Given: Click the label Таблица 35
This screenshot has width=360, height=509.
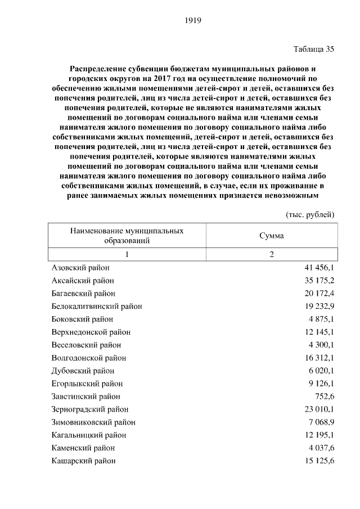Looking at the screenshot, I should (x=314, y=49).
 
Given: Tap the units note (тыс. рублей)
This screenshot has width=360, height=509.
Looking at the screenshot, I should (x=310, y=214).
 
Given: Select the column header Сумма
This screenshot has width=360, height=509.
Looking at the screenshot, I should (x=271, y=236).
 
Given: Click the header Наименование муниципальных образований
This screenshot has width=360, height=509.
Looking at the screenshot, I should (x=127, y=236).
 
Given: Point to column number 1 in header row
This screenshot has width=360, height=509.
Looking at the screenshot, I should (x=127, y=254).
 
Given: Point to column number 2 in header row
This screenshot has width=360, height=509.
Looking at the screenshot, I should (x=271, y=254).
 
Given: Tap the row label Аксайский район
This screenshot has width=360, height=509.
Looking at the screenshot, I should (x=82, y=280).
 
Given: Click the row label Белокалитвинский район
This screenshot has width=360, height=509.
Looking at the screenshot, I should (x=96, y=306).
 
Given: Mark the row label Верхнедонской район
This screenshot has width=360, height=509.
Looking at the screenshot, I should (x=91, y=332).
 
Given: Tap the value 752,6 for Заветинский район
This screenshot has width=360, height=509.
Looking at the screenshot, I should (x=324, y=396).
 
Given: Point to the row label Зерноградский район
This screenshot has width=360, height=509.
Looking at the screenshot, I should (x=89, y=409).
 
